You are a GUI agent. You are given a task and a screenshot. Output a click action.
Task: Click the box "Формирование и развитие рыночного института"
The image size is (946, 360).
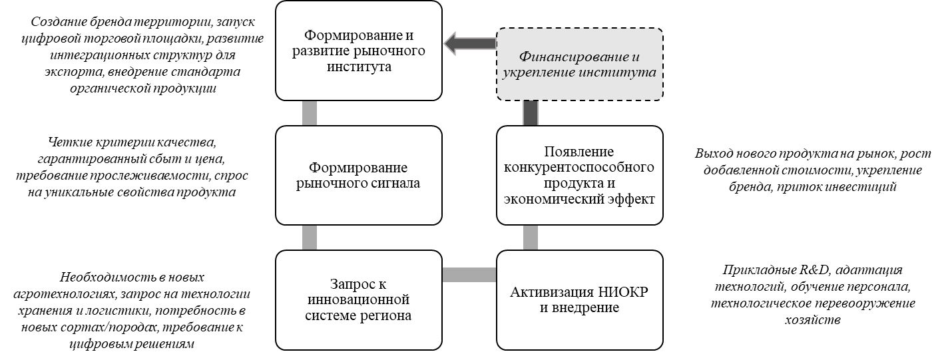tap(359, 51)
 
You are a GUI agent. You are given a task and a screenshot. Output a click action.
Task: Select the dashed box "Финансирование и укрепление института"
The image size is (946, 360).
tap(580, 65)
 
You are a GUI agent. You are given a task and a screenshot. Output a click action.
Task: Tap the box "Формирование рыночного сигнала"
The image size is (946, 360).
tap(359, 175)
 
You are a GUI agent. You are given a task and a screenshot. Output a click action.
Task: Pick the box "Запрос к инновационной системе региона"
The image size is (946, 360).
tap(359, 299)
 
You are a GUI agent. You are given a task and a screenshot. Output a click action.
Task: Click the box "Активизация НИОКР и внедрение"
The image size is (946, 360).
tap(580, 299)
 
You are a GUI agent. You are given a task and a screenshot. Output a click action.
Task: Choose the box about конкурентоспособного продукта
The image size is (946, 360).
tap(580, 175)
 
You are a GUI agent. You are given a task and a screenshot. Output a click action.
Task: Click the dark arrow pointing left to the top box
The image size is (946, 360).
tap(469, 43)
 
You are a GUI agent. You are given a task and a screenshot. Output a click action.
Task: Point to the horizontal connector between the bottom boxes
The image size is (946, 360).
tap(469, 274)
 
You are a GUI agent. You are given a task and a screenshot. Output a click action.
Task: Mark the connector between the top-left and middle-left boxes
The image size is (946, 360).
tap(309, 113)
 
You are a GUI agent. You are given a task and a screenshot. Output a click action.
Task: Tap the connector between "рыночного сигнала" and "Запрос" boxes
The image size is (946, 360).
tap(309, 237)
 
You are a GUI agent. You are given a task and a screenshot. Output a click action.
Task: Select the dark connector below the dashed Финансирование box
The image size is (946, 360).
tap(530, 113)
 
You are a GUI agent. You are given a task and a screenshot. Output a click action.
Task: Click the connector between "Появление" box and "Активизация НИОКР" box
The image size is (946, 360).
tap(530, 237)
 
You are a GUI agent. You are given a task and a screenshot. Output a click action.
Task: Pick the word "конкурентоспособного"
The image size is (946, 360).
tap(579, 167)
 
